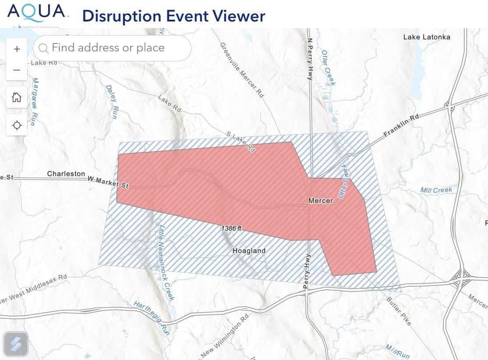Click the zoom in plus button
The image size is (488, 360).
point(17,49)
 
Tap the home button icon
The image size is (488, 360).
point(17,97)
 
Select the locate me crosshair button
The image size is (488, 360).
point(17,125)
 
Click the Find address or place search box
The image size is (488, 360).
point(112,48)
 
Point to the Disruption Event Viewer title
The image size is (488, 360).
point(173,16)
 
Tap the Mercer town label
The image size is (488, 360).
point(321,201)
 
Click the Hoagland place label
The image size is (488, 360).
point(249,251)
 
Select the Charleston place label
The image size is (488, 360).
point(66,174)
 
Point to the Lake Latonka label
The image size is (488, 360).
point(427,37)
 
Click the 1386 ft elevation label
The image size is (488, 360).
point(231,228)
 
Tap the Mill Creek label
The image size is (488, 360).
point(436,190)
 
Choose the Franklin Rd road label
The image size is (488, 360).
point(401,126)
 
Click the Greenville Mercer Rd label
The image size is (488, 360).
point(242,70)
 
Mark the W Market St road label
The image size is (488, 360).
point(108,182)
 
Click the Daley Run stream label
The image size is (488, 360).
point(112,102)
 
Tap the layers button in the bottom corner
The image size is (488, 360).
point(16,344)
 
